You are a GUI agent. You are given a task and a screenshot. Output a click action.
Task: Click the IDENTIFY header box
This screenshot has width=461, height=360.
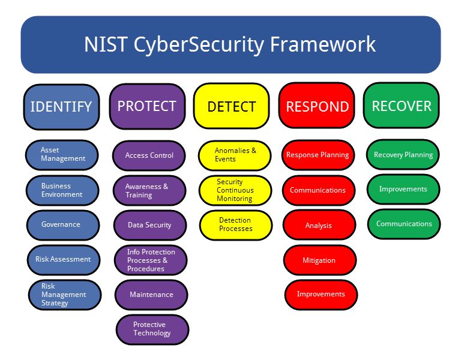click(x=61, y=107)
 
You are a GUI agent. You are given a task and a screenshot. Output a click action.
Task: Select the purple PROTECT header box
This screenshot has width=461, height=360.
click(x=147, y=106)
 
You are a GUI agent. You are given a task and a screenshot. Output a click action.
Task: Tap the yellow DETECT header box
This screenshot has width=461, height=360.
click(x=232, y=106)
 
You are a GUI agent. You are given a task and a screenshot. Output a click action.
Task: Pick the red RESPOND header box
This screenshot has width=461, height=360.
click(x=317, y=106)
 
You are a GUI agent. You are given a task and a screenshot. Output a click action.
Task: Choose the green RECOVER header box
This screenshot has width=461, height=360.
click(x=402, y=105)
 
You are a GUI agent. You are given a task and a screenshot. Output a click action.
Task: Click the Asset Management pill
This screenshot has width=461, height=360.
click(x=62, y=155)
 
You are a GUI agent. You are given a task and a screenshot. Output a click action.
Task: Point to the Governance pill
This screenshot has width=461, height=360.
click(x=63, y=225)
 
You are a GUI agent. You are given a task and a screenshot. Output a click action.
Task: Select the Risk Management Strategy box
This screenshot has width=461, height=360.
click(x=65, y=295)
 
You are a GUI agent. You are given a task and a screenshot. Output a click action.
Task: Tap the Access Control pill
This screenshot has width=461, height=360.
click(x=149, y=155)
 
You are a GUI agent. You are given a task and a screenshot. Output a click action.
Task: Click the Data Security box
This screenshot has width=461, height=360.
click(x=150, y=225)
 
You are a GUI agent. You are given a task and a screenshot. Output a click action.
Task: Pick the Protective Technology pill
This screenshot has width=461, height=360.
click(x=152, y=329)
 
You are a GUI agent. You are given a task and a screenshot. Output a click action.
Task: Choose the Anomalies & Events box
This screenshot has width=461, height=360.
click(x=235, y=155)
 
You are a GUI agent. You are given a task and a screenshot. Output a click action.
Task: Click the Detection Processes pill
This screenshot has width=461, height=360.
click(x=236, y=225)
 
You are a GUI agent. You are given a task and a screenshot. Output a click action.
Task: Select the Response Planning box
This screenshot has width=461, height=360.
click(x=318, y=155)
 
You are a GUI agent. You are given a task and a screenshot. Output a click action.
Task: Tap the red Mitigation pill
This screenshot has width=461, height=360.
click(x=320, y=260)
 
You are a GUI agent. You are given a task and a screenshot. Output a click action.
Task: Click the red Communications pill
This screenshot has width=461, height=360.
click(x=319, y=190)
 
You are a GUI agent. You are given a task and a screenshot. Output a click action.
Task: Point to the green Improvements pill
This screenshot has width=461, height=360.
click(x=403, y=189)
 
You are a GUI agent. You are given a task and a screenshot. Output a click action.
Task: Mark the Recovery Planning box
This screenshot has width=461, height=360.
click(x=403, y=154)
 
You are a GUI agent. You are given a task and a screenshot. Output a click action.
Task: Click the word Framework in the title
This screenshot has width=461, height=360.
click(x=323, y=44)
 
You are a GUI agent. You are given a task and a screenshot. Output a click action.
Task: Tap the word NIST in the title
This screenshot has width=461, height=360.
click(x=106, y=44)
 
